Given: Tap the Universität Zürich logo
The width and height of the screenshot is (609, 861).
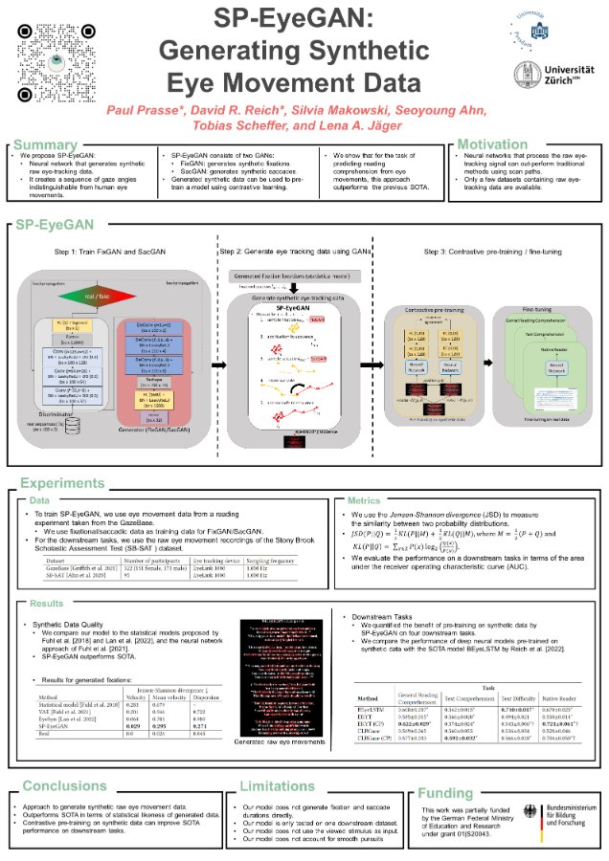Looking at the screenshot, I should pos(553,75).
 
